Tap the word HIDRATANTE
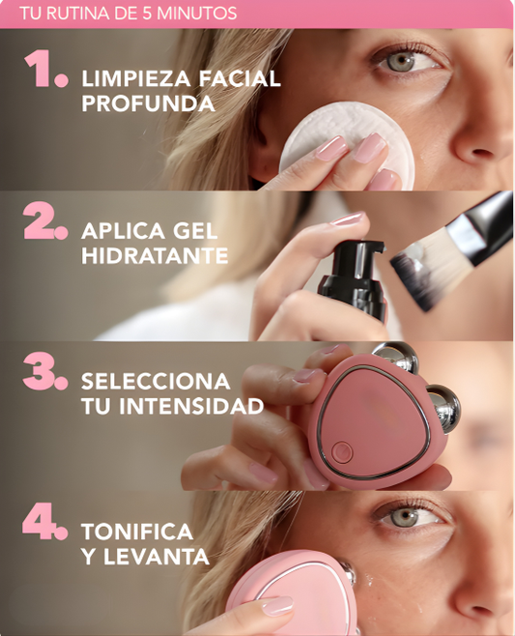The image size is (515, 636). [155, 256]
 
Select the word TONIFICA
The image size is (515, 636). [137, 533]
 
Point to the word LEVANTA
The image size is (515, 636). [159, 557]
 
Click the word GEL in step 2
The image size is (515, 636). [197, 232]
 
